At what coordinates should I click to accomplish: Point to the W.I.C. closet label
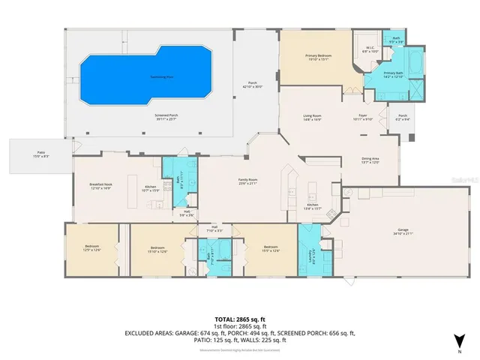pyautogui.click(x=370, y=50)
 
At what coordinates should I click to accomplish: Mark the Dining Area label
pyautogui.click(x=370, y=160)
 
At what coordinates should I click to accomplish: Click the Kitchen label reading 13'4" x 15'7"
pyautogui.click(x=313, y=207)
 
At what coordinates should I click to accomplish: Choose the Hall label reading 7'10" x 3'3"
pyautogui.click(x=214, y=229)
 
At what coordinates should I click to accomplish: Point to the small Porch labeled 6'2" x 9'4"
pyautogui.click(x=403, y=118)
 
